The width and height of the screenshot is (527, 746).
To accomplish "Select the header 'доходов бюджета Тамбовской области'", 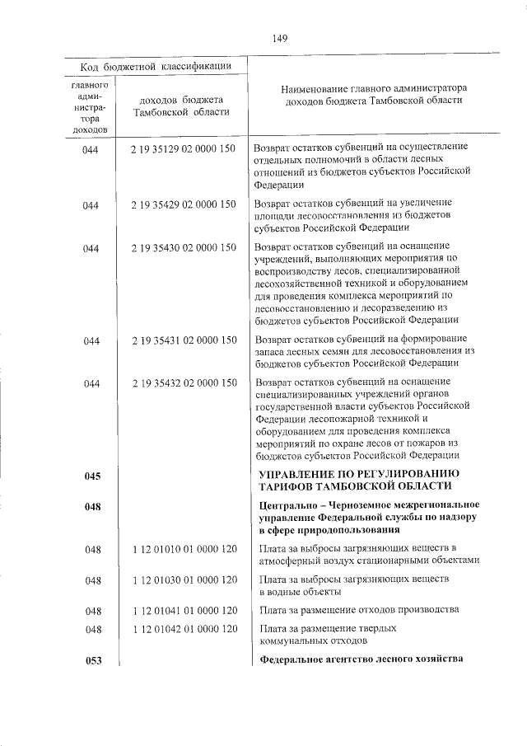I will (182, 106).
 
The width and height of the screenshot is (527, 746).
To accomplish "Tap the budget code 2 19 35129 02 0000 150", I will (183, 148).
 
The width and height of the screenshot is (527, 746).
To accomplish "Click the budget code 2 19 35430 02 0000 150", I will (183, 247).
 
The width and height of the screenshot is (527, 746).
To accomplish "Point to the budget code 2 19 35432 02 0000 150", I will (183, 382).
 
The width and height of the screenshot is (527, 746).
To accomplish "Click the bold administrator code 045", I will (91, 476).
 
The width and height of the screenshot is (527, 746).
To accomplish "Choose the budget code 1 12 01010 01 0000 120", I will (183, 548).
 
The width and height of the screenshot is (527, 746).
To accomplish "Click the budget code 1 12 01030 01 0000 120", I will (183, 581).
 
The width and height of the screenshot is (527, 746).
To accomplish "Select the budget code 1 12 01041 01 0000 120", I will (183, 611).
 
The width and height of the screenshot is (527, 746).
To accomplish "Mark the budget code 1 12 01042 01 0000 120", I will (183, 630).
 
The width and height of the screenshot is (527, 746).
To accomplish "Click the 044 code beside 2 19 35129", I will (91, 148).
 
